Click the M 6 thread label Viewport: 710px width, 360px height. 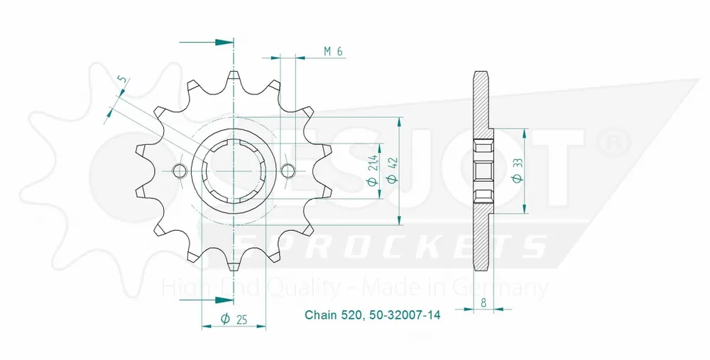click(333, 51)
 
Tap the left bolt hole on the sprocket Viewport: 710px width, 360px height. click(180, 170)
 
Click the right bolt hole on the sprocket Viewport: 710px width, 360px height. click(288, 170)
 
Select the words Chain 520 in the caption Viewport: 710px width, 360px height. click(333, 315)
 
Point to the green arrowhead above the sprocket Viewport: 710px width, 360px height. click(226, 43)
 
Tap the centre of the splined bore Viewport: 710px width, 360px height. click(234, 170)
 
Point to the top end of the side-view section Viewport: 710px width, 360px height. click(481, 73)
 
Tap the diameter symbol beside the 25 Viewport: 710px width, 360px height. click(224, 319)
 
